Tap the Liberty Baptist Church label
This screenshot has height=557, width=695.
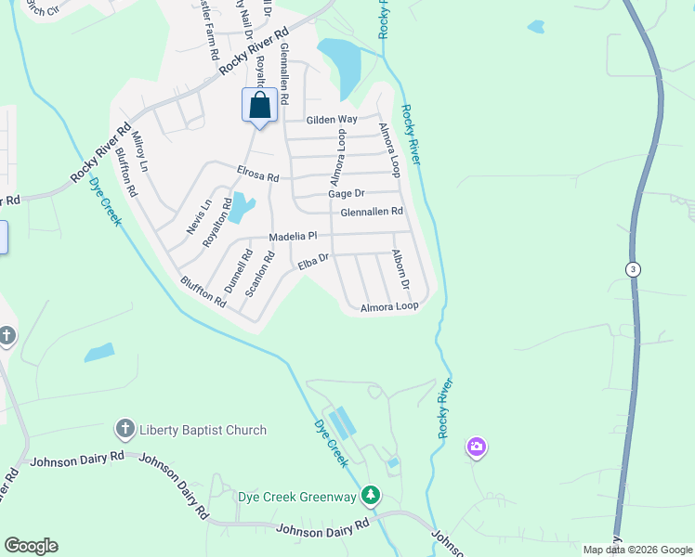coord(203,430)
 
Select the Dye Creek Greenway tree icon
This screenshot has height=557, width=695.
coord(371,496)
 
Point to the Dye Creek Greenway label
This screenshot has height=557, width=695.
coord(296,497)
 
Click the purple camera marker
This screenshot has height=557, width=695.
coord(477,447)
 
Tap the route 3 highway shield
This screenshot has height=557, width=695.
coord(632,268)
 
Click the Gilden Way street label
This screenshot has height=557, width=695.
coord(333,120)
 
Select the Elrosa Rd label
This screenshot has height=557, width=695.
coord(257,175)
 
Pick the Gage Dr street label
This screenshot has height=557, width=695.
coord(347,193)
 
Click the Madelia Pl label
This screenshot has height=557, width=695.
coord(293,237)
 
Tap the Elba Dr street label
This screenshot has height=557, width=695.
coord(314,263)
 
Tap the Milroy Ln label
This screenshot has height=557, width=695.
coord(140,152)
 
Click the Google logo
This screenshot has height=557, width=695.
coord(31,546)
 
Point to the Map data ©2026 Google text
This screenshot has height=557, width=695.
coord(636,550)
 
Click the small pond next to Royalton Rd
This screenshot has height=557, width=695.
coord(241,207)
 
